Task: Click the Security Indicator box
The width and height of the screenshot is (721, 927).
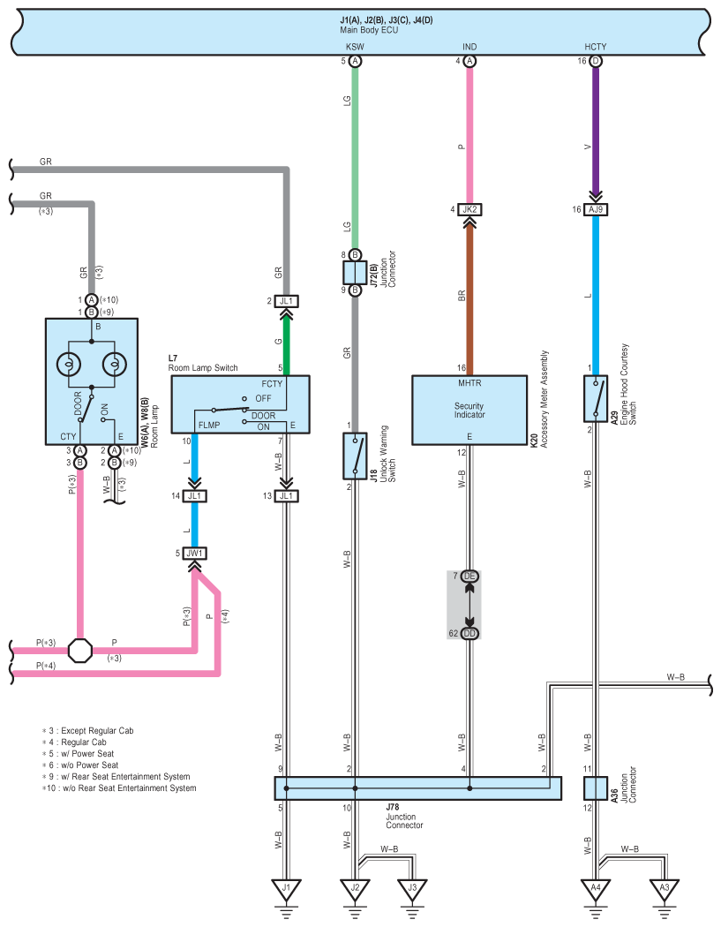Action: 469,410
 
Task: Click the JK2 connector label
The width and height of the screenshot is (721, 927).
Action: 469,209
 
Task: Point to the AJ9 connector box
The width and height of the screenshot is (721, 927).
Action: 596,209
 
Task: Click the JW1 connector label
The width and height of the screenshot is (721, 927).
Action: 194,554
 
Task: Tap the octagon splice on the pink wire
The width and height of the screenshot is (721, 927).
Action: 79,651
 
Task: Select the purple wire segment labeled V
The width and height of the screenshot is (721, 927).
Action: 596,130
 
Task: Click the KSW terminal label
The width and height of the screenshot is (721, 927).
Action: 355,47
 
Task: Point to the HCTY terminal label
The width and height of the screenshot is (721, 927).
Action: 596,47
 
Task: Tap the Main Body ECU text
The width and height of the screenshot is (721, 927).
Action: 369,29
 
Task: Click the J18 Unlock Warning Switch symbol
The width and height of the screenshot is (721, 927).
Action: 355,456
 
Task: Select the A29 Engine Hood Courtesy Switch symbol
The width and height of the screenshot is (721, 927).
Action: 596,398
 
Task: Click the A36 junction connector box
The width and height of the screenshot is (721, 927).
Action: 596,788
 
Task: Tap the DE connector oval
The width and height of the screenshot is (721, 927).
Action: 469,576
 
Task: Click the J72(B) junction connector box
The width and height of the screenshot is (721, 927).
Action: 355,273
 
